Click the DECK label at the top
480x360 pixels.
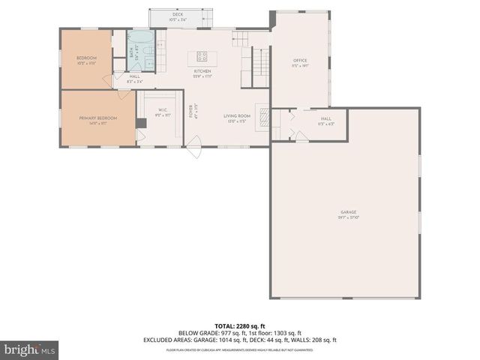(x=178, y=14)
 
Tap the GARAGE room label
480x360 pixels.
(x=347, y=212)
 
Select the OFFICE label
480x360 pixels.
(x=300, y=61)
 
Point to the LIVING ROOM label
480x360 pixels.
(x=235, y=116)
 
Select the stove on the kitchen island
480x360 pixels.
(x=202, y=55)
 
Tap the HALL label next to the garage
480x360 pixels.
(x=325, y=118)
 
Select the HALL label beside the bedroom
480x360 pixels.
(x=134, y=76)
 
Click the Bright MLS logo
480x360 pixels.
(x=29, y=349)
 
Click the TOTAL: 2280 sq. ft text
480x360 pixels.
(x=240, y=326)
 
